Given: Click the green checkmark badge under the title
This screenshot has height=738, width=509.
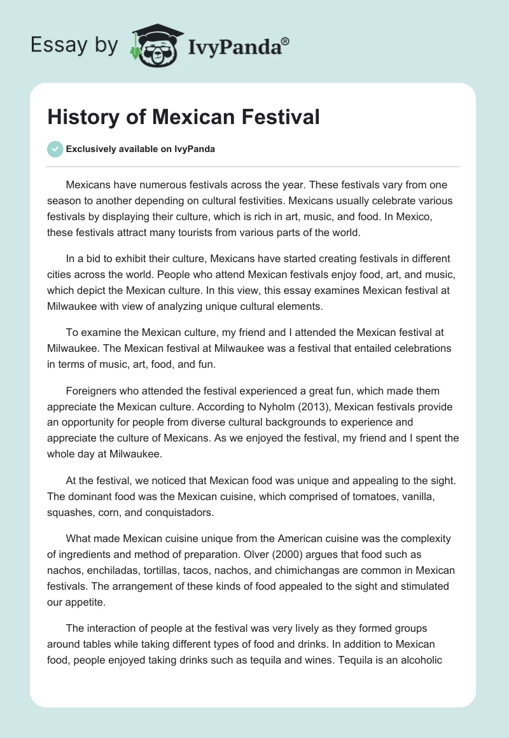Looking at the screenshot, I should [x=55, y=149].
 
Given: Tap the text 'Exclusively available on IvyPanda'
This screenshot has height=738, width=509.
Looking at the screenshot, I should [x=141, y=150].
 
